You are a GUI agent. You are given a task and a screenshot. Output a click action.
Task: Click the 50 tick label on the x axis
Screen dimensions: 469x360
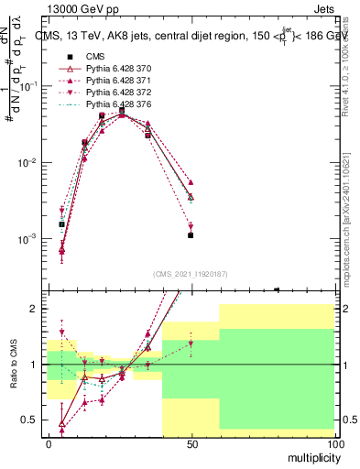pyautogui.click(x=191, y=443)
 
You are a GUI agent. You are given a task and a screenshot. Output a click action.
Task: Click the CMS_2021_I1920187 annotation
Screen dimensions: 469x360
pyautogui.click(x=190, y=273)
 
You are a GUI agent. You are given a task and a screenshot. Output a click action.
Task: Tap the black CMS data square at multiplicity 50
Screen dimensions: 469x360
pyautogui.click(x=191, y=235)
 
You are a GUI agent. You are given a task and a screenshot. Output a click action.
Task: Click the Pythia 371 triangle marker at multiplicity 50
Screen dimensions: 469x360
pyautogui.click(x=191, y=182)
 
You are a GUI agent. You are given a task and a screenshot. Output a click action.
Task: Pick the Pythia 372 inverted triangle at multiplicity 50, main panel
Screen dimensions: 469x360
pyautogui.click(x=191, y=226)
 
